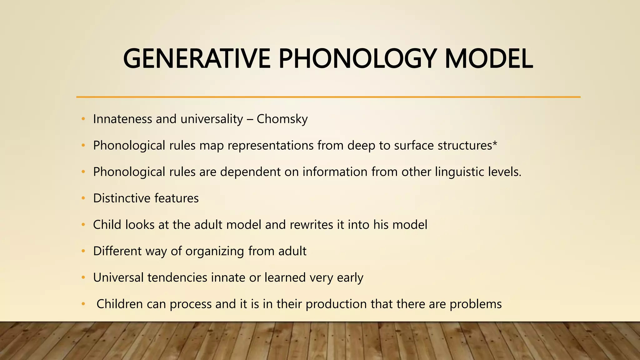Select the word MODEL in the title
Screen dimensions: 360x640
488,58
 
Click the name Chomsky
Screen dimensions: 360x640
282,119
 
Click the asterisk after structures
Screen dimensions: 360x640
495,144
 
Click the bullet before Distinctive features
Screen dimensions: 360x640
83,198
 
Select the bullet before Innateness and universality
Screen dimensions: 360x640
83,119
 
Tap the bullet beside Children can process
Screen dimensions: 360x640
83,304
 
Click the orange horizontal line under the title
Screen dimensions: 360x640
328,97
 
